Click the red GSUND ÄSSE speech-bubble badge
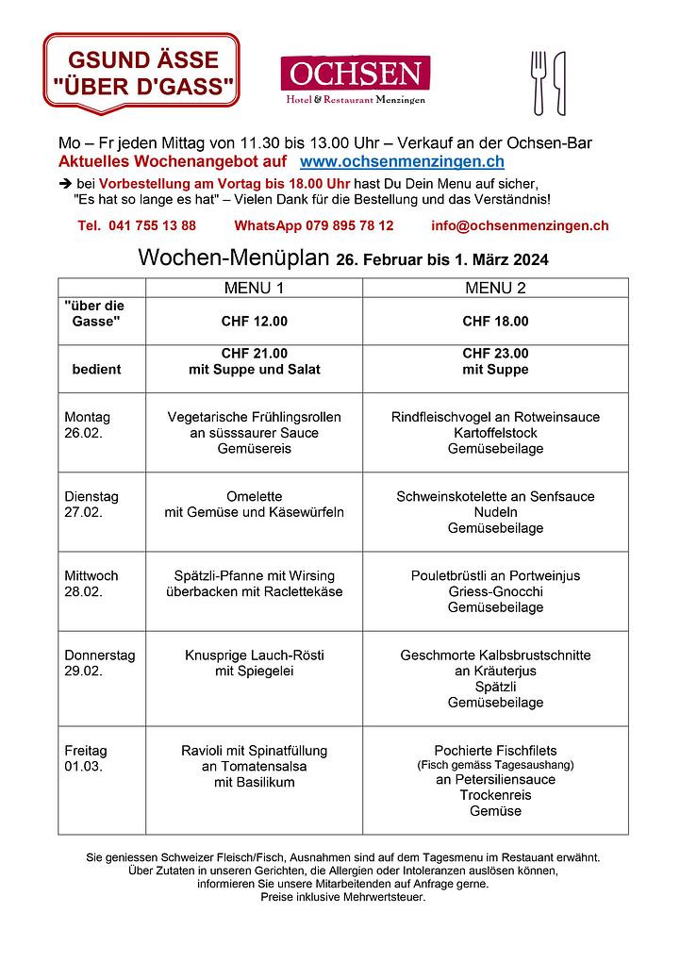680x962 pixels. pyautogui.click(x=141, y=72)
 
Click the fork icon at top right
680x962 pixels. pyautogui.click(x=539, y=81)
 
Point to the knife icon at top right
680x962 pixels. pyautogui.click(x=559, y=83)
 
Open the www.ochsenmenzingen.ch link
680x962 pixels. pyautogui.click(x=402, y=162)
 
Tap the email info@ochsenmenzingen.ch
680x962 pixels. pyautogui.click(x=520, y=225)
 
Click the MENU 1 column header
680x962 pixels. pyautogui.click(x=254, y=288)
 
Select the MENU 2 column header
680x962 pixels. pyautogui.click(x=495, y=288)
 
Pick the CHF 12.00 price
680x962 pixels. pyautogui.click(x=254, y=322)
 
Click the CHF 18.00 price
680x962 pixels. pyautogui.click(x=495, y=322)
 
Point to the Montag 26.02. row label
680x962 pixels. pyautogui.click(x=88, y=424)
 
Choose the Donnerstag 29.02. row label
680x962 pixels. pyautogui.click(x=99, y=663)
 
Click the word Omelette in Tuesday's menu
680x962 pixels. pyautogui.click(x=254, y=496)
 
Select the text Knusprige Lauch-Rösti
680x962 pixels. pyautogui.click(x=254, y=655)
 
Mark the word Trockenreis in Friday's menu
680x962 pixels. pyautogui.click(x=495, y=795)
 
